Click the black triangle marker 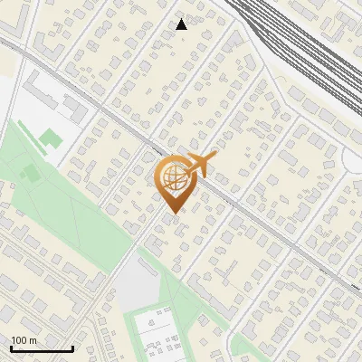(182, 24)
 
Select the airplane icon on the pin (201, 165)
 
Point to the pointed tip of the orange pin (172, 214)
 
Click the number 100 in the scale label (20, 340)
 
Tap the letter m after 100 (33, 340)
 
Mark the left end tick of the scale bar (11, 348)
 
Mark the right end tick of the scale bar (72, 348)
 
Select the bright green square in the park (51, 138)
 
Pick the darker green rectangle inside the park (31, 172)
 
